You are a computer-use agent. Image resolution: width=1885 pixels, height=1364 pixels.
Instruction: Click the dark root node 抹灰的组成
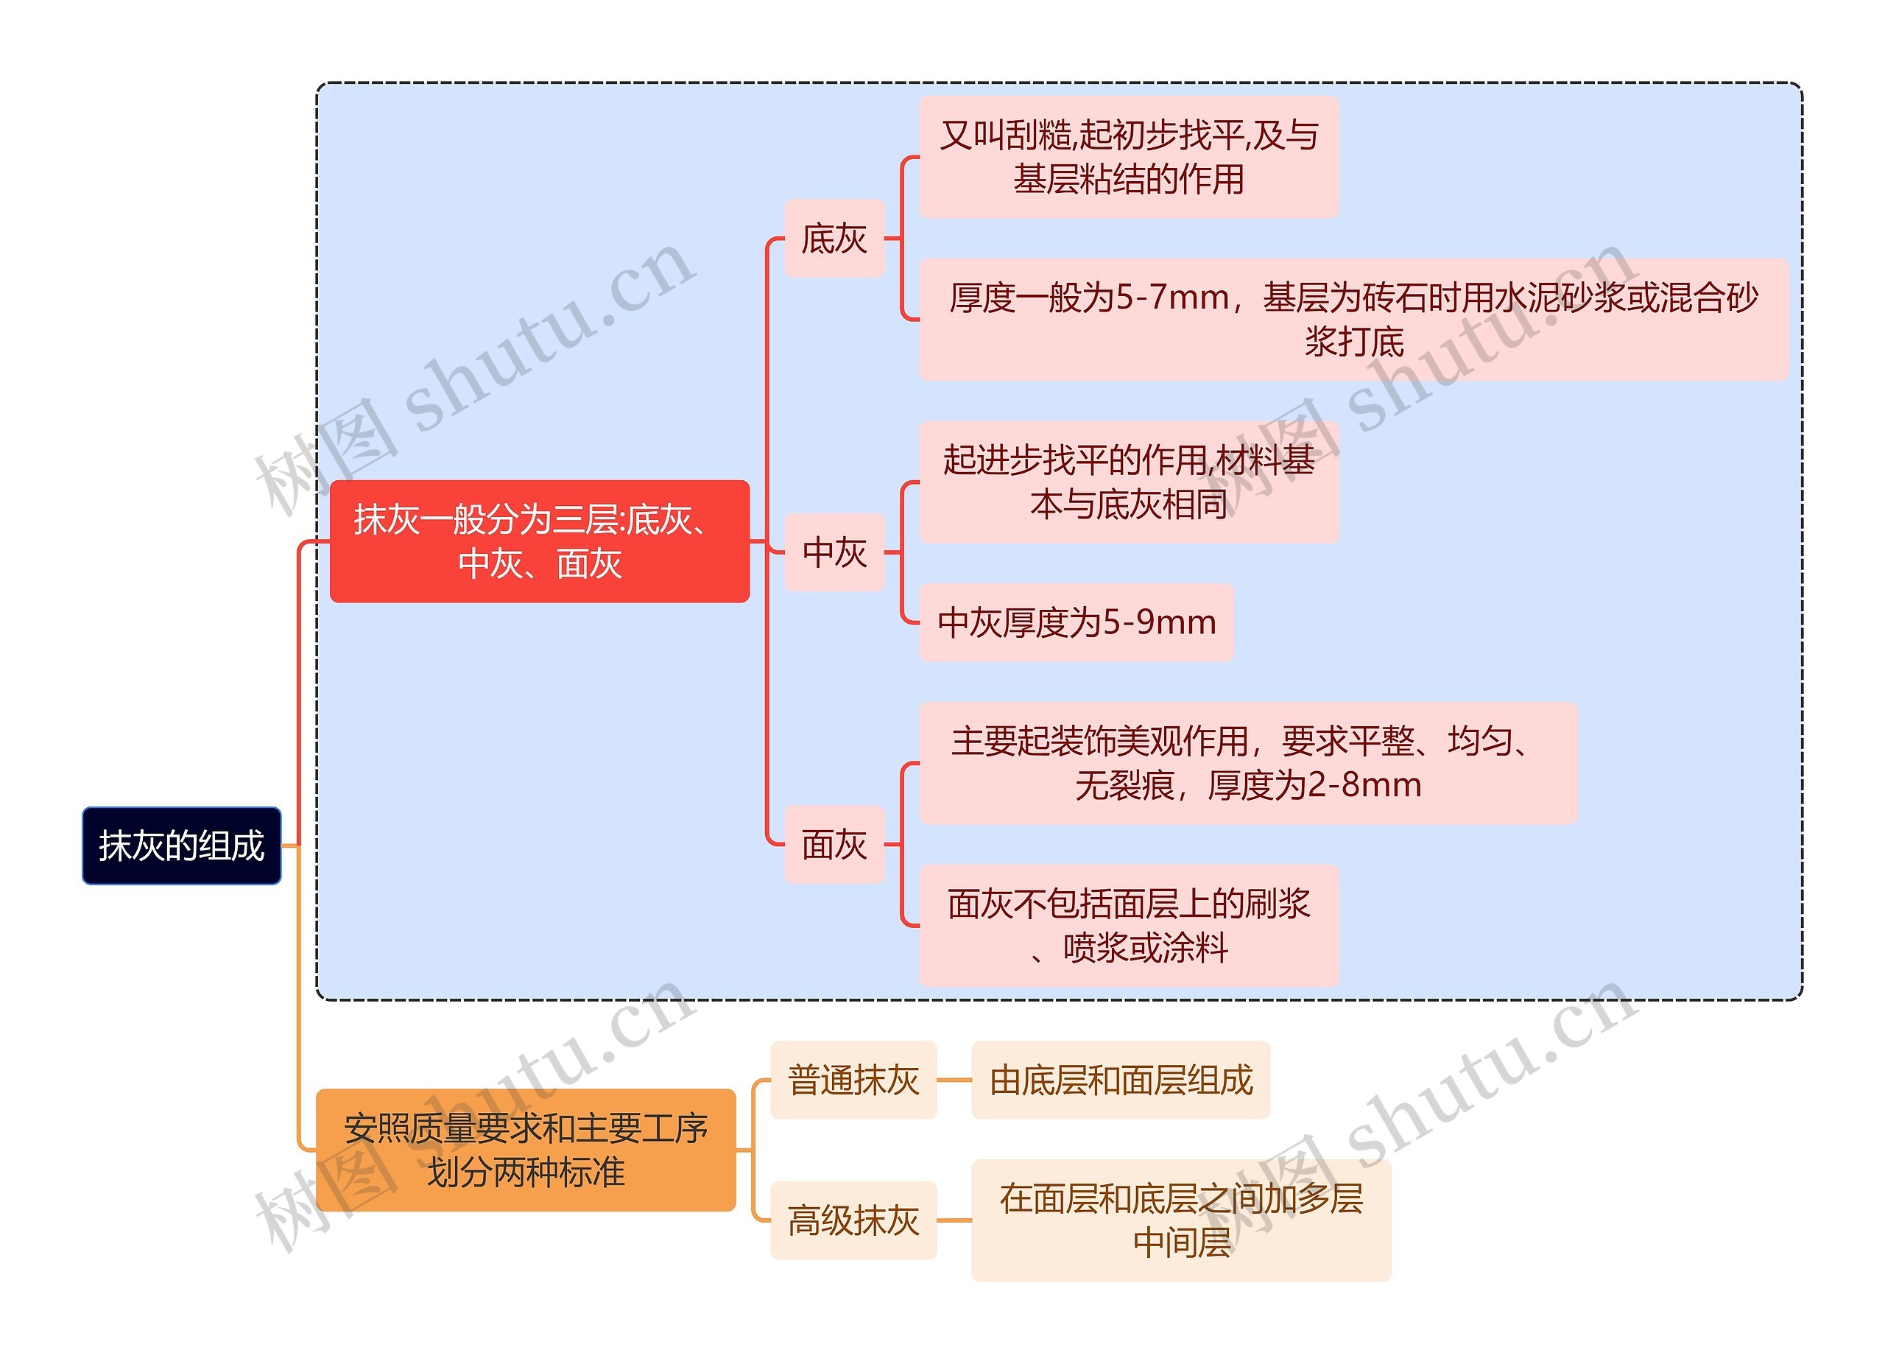pyautogui.click(x=181, y=846)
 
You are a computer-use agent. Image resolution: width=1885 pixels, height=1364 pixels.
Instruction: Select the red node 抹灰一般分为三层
pyautogui.click(x=540, y=541)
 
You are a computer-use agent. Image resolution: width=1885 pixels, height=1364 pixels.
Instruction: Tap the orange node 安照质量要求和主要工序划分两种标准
pyautogui.click(x=525, y=1150)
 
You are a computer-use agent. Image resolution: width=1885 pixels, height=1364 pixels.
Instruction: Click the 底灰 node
pyautogui.click(x=834, y=239)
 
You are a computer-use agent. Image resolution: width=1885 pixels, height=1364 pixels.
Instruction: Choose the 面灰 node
pyautogui.click(x=834, y=845)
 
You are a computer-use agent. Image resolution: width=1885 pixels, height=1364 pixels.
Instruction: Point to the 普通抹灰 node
pyautogui.click(x=853, y=1080)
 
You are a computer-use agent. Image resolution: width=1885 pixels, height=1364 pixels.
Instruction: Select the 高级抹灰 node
pyautogui.click(x=853, y=1220)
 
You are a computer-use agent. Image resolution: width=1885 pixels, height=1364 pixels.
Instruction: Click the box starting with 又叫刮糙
pyautogui.click(x=1129, y=157)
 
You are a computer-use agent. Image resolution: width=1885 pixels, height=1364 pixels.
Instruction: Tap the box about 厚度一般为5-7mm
pyautogui.click(x=1353, y=319)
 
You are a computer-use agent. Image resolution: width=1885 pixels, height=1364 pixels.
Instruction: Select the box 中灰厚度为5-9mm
pyautogui.click(x=1076, y=622)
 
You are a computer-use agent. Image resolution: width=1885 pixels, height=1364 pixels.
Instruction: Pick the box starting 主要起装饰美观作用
pyautogui.click(x=1247, y=763)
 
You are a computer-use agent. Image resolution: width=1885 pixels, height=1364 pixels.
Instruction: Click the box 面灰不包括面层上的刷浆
pyautogui.click(x=1129, y=925)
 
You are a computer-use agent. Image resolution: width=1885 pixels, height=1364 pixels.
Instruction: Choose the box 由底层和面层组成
pyautogui.click(x=1121, y=1080)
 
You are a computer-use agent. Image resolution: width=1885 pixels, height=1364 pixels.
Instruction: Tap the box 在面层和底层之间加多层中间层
pyautogui.click(x=1180, y=1220)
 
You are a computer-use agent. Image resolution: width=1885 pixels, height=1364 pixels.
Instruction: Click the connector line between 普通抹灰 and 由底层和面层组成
pyautogui.click(x=954, y=1080)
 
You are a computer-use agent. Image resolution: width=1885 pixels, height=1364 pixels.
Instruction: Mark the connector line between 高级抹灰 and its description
pyautogui.click(x=954, y=1220)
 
